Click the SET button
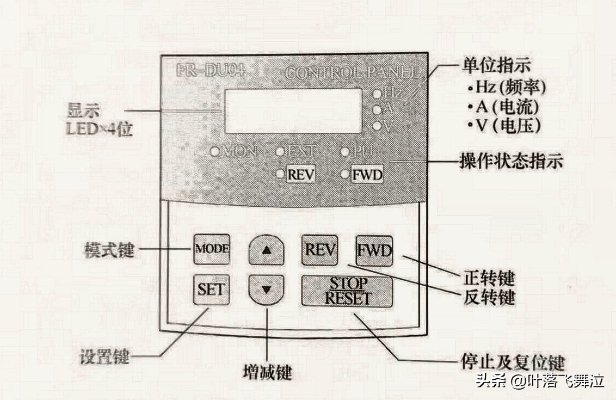point(211,290)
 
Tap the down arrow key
point(266,289)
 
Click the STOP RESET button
point(347,291)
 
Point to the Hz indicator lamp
point(377,93)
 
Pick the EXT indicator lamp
point(280,151)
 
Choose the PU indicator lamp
point(344,151)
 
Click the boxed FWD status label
point(367,175)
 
